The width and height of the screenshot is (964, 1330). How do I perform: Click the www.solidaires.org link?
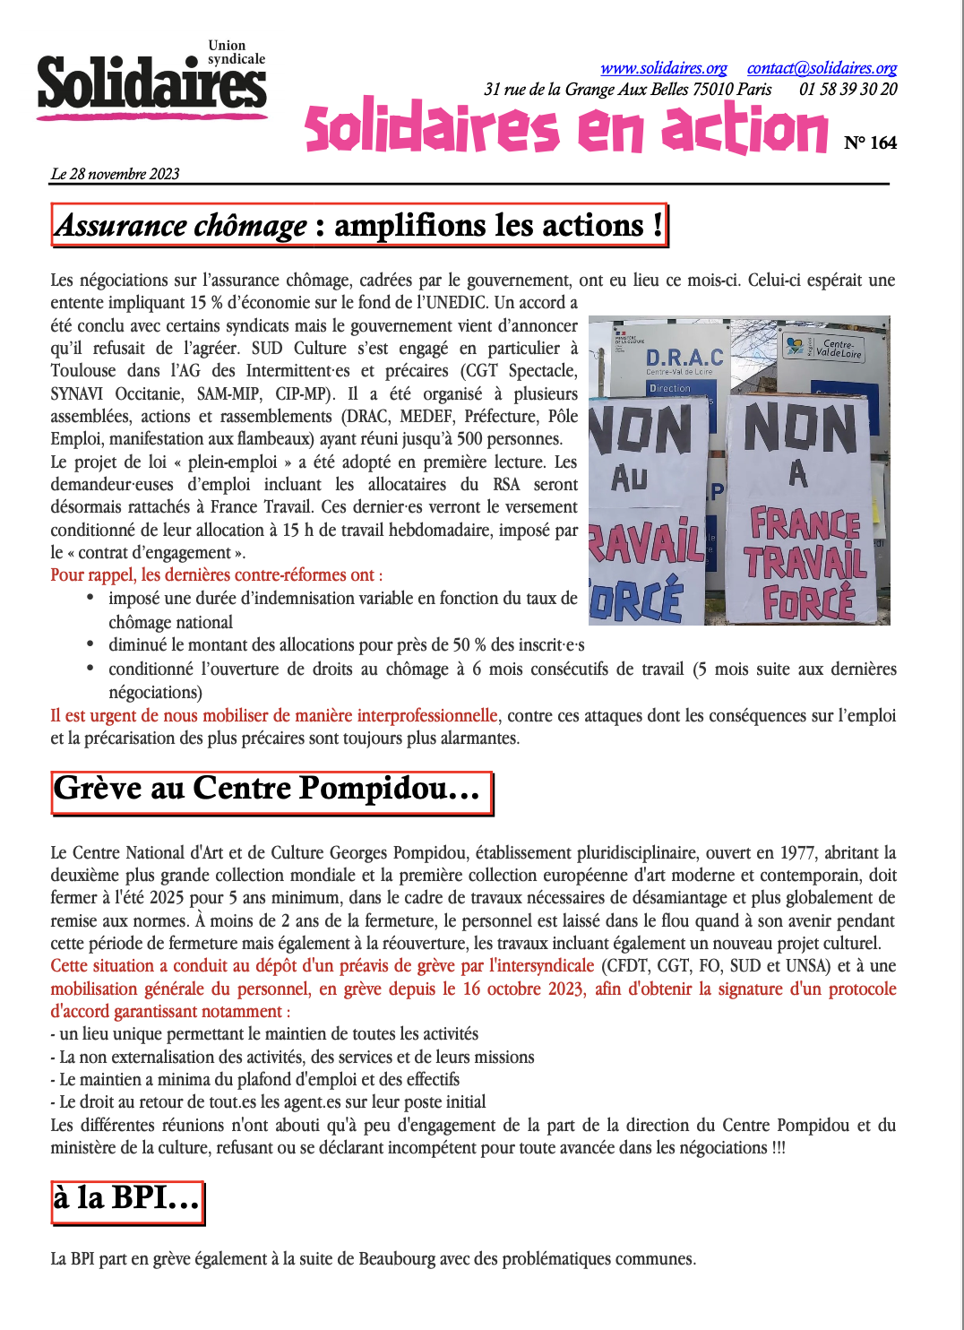point(663,68)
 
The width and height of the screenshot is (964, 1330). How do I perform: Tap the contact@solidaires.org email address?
point(822,68)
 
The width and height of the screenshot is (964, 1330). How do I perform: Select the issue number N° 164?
point(870,142)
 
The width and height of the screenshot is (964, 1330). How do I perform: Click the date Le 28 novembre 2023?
point(115,174)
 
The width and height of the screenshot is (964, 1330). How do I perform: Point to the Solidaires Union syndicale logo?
point(151,81)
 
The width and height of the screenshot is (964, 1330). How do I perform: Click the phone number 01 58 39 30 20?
point(848,89)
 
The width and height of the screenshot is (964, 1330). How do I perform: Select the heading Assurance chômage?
point(181,225)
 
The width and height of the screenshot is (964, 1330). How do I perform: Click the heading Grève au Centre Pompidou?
point(266,788)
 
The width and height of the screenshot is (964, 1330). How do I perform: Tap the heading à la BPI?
point(125,1197)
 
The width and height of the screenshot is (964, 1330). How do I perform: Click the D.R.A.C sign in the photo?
point(684,357)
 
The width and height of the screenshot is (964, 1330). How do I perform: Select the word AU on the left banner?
point(629,478)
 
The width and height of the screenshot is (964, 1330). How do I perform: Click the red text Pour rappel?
point(93,575)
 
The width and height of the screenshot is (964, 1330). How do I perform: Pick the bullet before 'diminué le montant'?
point(90,643)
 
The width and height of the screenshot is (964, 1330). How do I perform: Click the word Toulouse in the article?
point(83,371)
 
